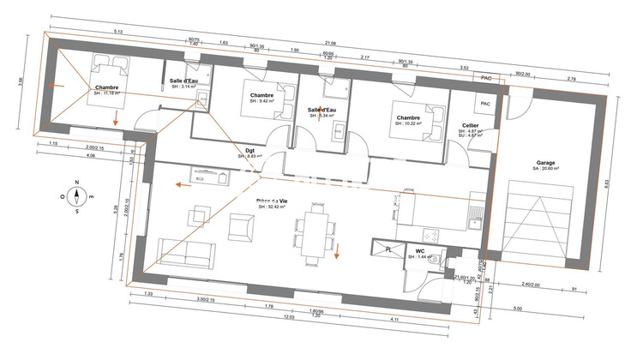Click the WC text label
[x=420, y=252]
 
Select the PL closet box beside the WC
[x=388, y=249]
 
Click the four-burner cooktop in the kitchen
[x=431, y=232]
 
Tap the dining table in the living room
[x=315, y=232]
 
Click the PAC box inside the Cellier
[x=484, y=104]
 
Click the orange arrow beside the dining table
[x=337, y=250]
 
